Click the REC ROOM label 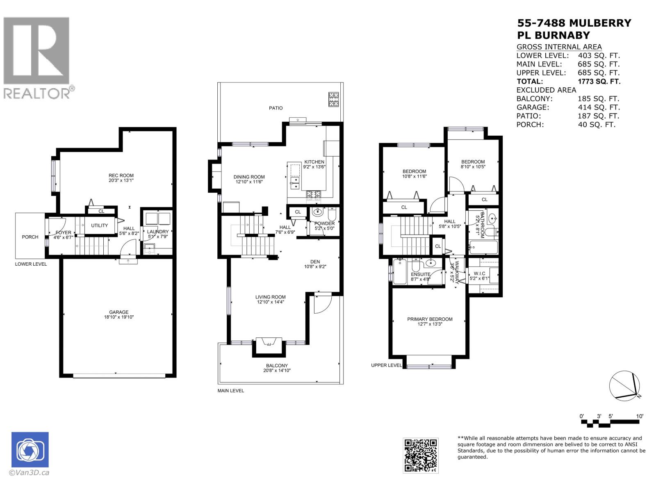pos(121,175)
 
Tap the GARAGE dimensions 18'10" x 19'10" pos(119,317)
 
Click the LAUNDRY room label pos(158,232)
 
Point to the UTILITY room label pos(100,225)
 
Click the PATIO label pos(276,108)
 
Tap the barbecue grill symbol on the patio pos(333,100)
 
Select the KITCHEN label pos(314,162)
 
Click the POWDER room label pos(324,223)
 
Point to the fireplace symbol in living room pos(269,342)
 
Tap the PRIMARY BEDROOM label pos(430,319)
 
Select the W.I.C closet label pos(479,273)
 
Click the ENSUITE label pos(420,274)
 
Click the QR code pos(420,455)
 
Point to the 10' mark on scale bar pos(640,416)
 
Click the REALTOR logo pos(38,57)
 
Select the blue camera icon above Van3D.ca pos(30,450)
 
